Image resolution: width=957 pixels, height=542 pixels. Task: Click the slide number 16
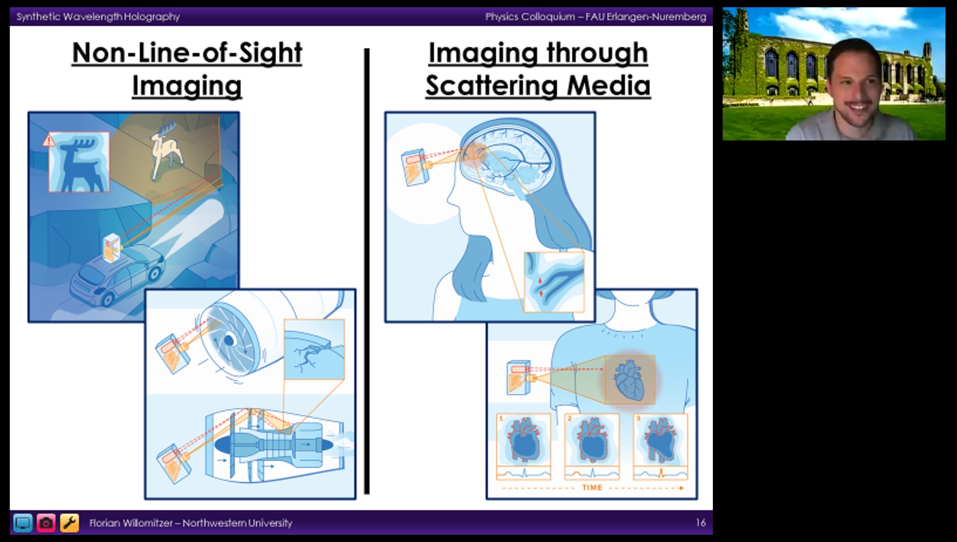(x=700, y=522)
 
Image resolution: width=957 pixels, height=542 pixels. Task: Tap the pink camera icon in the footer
(x=46, y=523)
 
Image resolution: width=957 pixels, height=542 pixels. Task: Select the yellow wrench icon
(x=69, y=523)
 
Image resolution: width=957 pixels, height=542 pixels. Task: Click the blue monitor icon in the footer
(x=23, y=523)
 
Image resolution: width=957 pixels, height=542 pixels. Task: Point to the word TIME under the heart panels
(x=592, y=487)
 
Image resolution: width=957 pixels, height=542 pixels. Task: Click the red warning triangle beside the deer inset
(x=49, y=140)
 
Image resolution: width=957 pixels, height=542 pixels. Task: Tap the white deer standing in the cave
(x=166, y=149)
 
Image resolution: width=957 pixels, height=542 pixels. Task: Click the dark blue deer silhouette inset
(x=79, y=162)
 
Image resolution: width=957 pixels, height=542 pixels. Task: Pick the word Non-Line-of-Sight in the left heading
(x=187, y=53)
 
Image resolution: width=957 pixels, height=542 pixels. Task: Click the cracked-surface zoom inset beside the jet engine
(x=314, y=349)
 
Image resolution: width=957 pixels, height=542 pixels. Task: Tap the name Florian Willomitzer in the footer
(x=131, y=523)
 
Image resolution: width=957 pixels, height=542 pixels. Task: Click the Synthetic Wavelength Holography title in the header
(x=98, y=17)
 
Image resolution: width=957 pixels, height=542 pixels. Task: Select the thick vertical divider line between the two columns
(x=366, y=271)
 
